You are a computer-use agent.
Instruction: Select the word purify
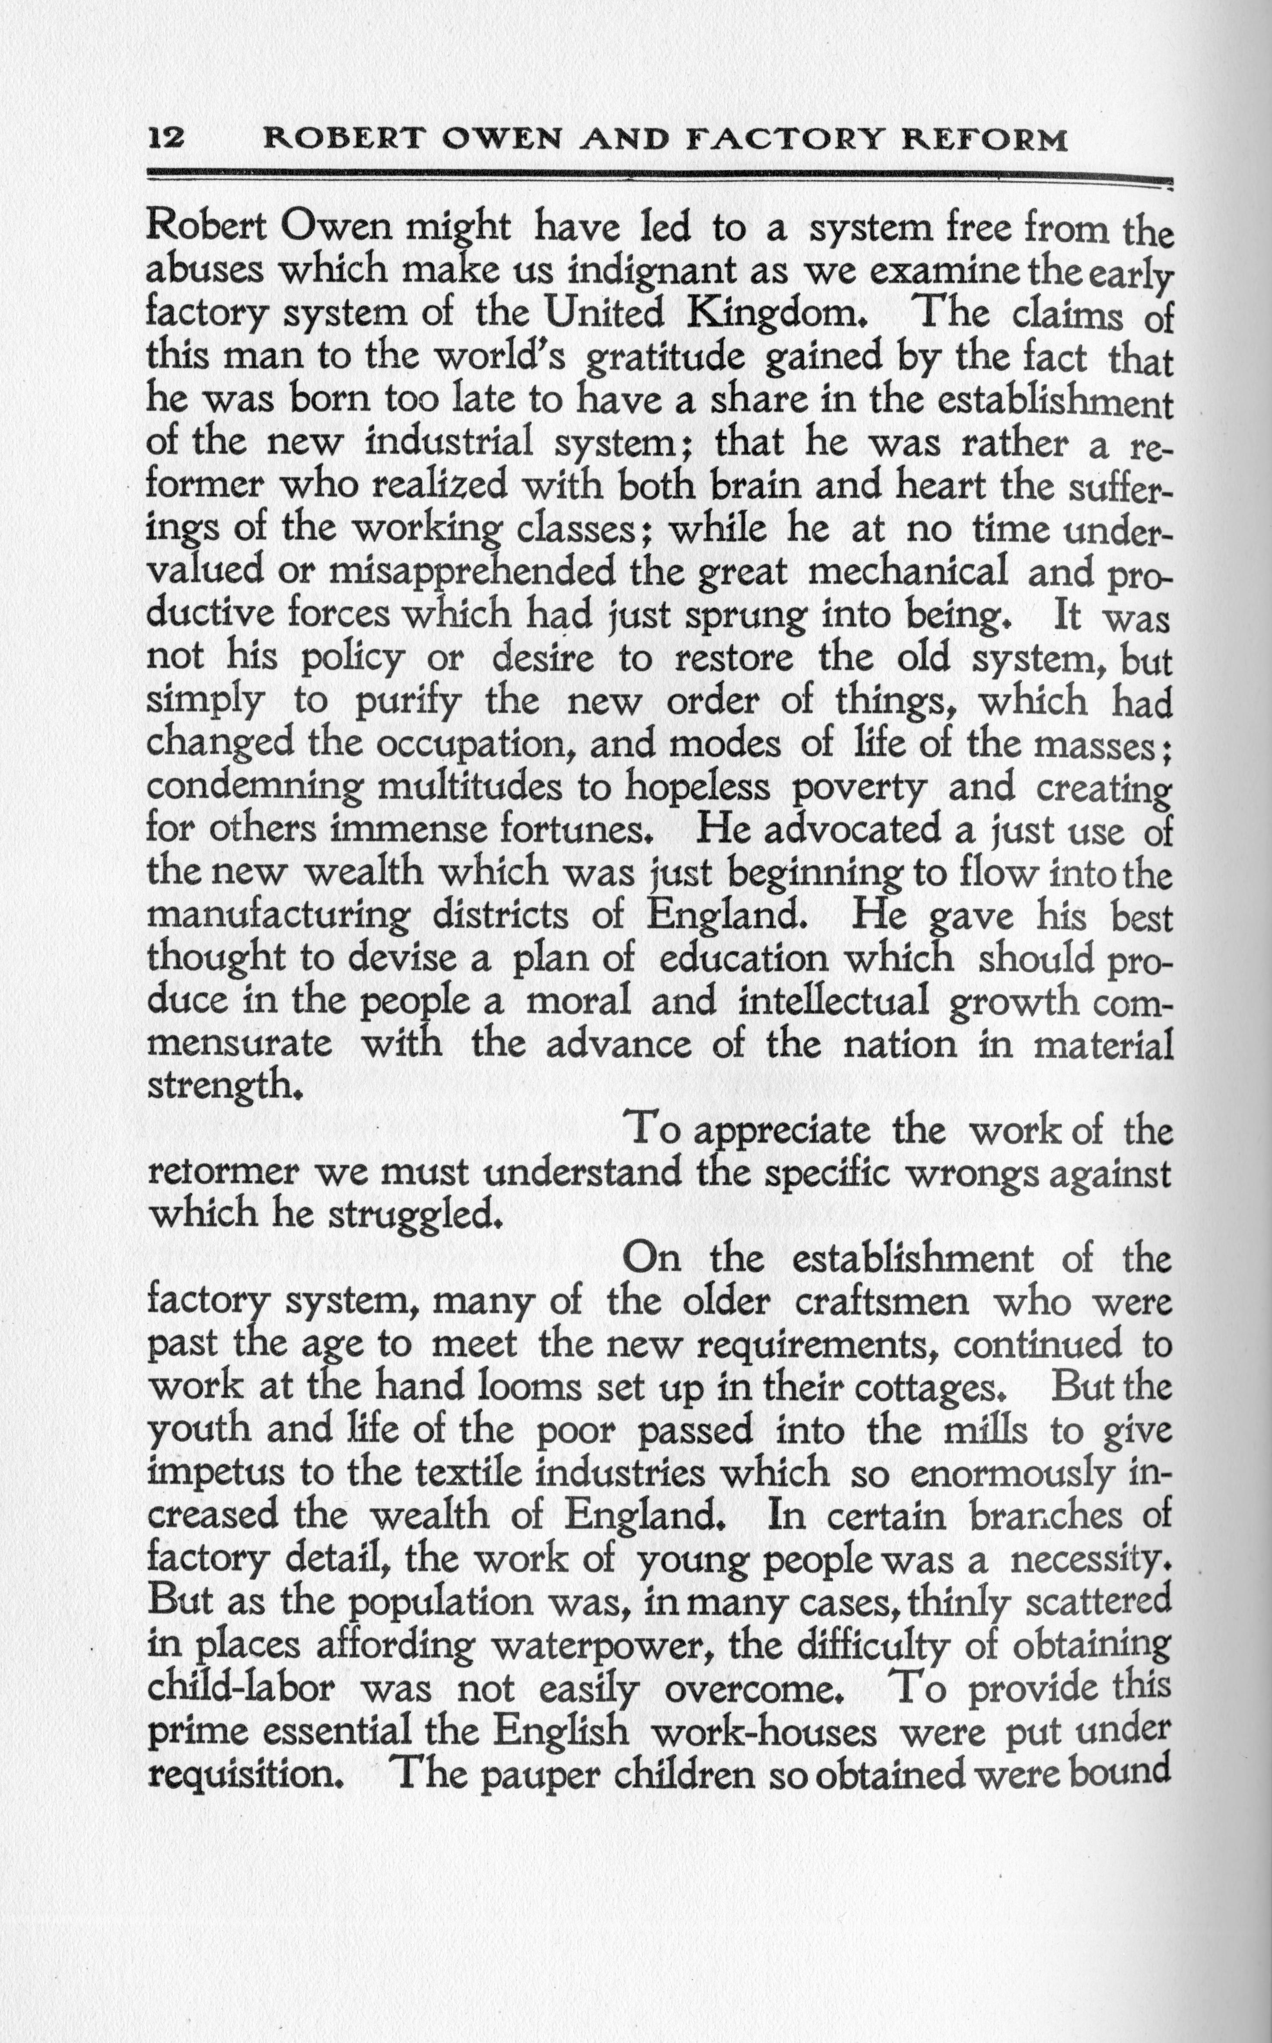(x=407, y=703)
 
